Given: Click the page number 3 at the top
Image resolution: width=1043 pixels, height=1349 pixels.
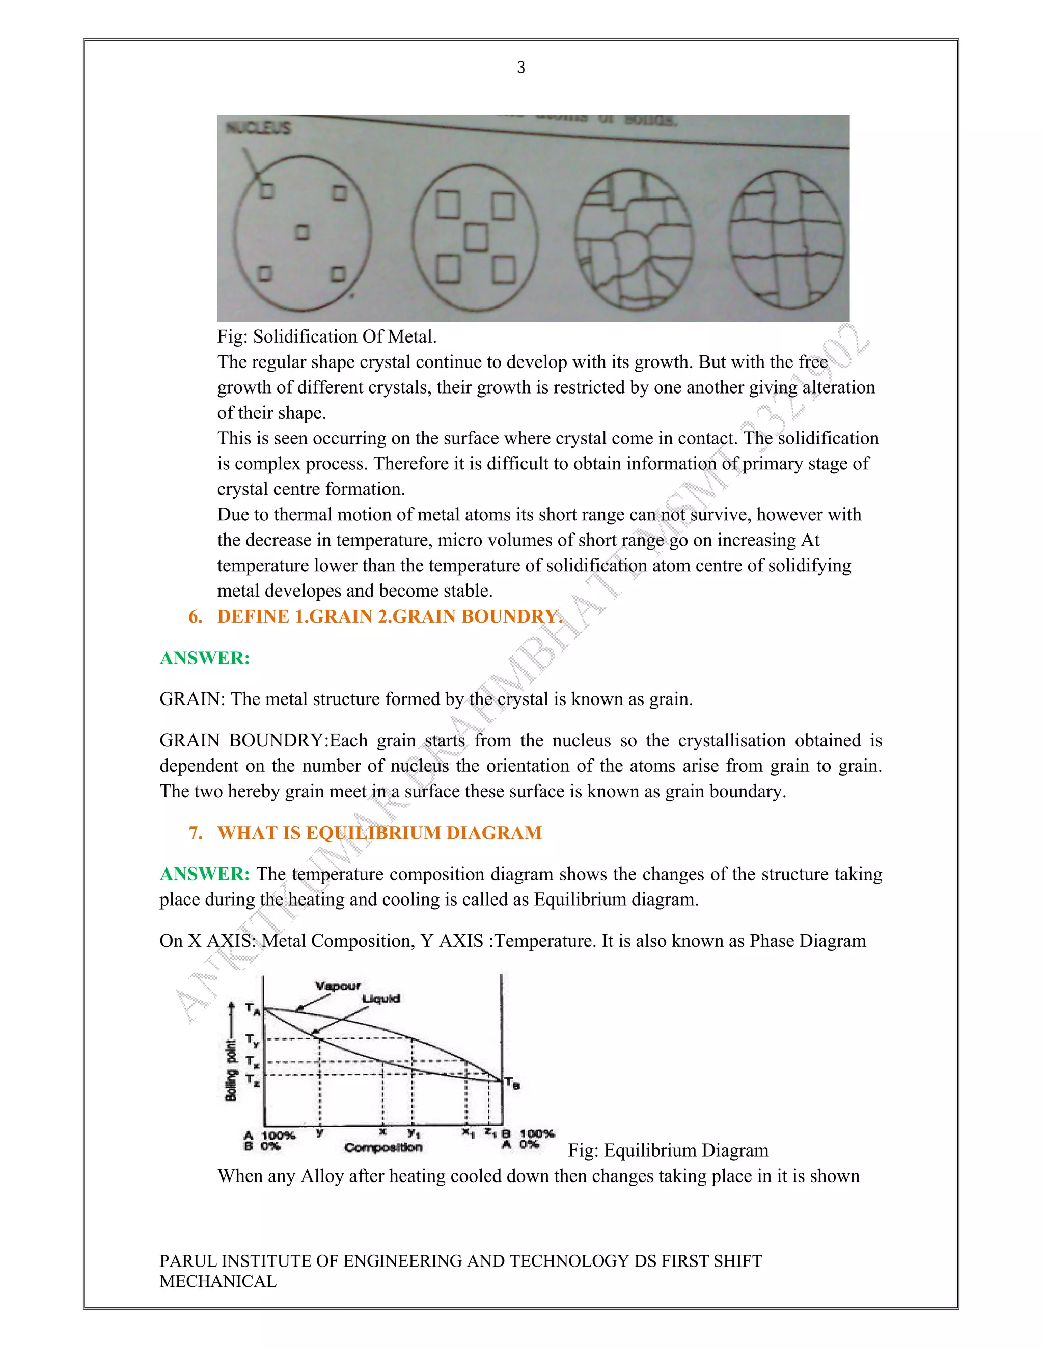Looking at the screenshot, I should pos(521,67).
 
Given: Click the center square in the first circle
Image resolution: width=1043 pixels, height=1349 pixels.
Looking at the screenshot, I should pos(301,232).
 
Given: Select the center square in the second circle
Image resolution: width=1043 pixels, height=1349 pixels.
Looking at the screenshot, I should pos(476,237).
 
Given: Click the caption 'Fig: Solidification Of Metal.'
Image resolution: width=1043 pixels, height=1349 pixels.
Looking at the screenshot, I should pos(327,336).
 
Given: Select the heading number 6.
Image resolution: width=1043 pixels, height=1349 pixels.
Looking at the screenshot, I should pos(195,616).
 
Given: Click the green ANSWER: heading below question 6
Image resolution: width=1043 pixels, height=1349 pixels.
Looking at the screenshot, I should pos(205,658).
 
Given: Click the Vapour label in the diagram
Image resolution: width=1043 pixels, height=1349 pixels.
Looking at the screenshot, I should pos(337,986).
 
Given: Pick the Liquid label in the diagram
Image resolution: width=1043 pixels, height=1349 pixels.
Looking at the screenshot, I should pos(380,999).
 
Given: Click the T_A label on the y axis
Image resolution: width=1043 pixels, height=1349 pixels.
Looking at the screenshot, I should pos(252,1008).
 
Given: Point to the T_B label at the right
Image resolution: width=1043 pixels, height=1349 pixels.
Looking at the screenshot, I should pos(512,1083).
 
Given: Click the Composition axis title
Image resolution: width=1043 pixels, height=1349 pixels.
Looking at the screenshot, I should pos(383,1147).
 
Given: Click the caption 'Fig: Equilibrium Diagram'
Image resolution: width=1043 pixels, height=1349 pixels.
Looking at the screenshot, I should pos(668,1150).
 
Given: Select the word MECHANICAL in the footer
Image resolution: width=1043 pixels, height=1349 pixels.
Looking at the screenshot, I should pos(218,1281).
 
